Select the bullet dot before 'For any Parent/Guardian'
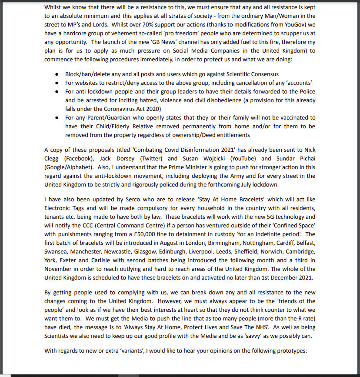57,118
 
